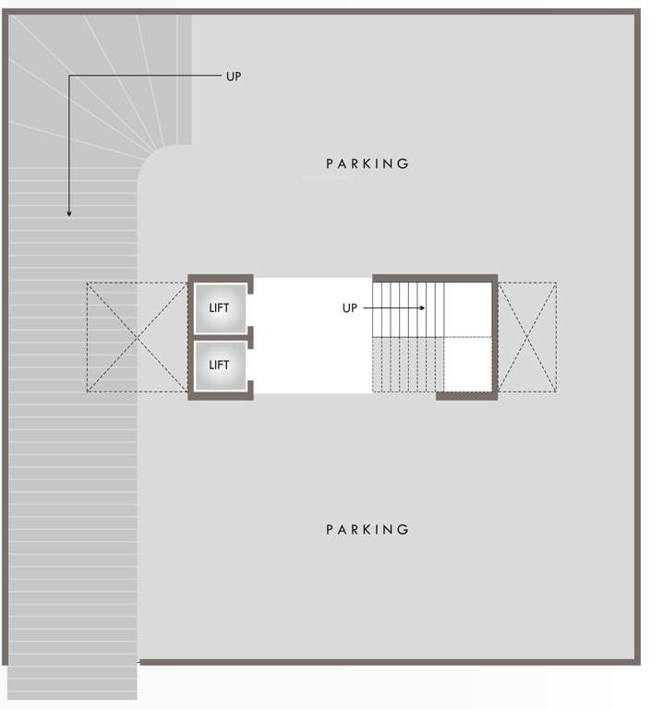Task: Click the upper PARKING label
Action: click(368, 163)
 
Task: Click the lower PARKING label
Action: click(368, 529)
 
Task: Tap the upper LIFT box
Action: click(220, 307)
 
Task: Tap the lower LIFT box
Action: click(220, 365)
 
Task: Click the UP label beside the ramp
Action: click(234, 77)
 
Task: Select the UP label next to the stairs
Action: click(350, 308)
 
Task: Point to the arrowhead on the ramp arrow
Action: click(69, 213)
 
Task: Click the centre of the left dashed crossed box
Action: click(138, 338)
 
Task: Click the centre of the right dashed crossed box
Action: click(527, 338)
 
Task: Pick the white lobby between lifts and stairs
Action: click(312, 336)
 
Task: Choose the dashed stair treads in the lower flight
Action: click(407, 366)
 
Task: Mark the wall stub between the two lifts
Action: click(249, 337)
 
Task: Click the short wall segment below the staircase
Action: click(466, 396)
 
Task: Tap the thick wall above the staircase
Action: click(435, 278)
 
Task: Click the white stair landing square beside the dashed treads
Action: click(467, 365)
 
